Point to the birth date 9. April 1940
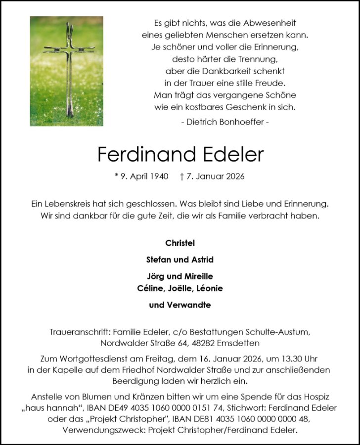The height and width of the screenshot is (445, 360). (x=144, y=177)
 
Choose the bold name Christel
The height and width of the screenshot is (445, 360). (x=180, y=243)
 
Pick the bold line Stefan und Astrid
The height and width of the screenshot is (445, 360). (x=180, y=260)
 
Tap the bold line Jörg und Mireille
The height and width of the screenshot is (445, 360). (x=180, y=276)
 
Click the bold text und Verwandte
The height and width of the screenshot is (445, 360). (x=180, y=305)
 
